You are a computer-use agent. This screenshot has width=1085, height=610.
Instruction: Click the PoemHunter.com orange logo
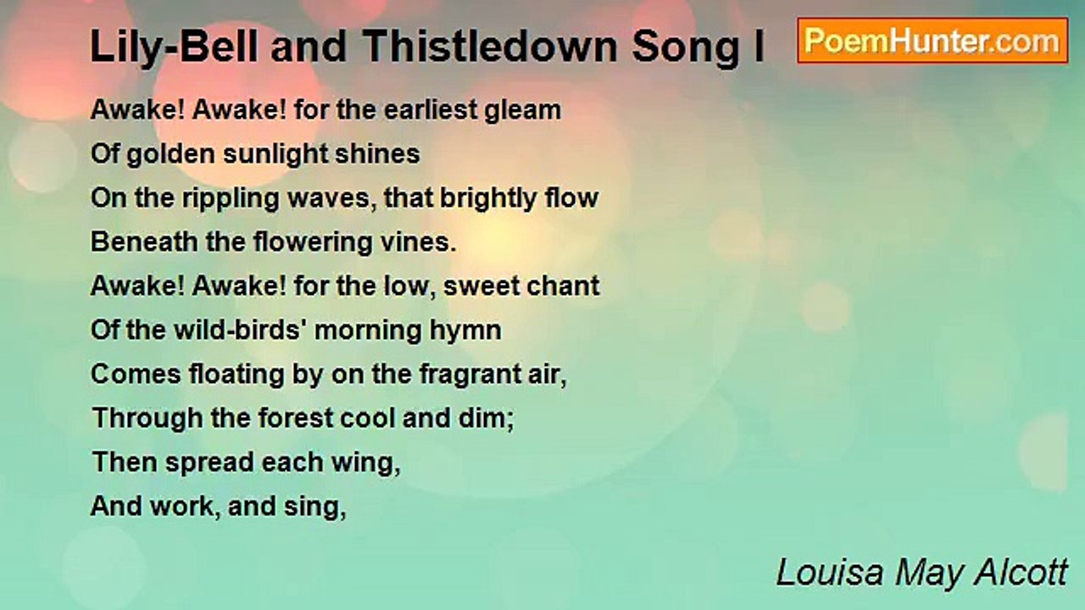[932, 41]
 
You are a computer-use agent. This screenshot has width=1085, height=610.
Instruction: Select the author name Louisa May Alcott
[921, 574]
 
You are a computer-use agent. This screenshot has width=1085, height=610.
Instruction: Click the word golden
[170, 155]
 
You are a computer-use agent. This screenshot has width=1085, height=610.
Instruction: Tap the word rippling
[231, 199]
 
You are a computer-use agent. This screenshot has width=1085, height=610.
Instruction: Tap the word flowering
[313, 243]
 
